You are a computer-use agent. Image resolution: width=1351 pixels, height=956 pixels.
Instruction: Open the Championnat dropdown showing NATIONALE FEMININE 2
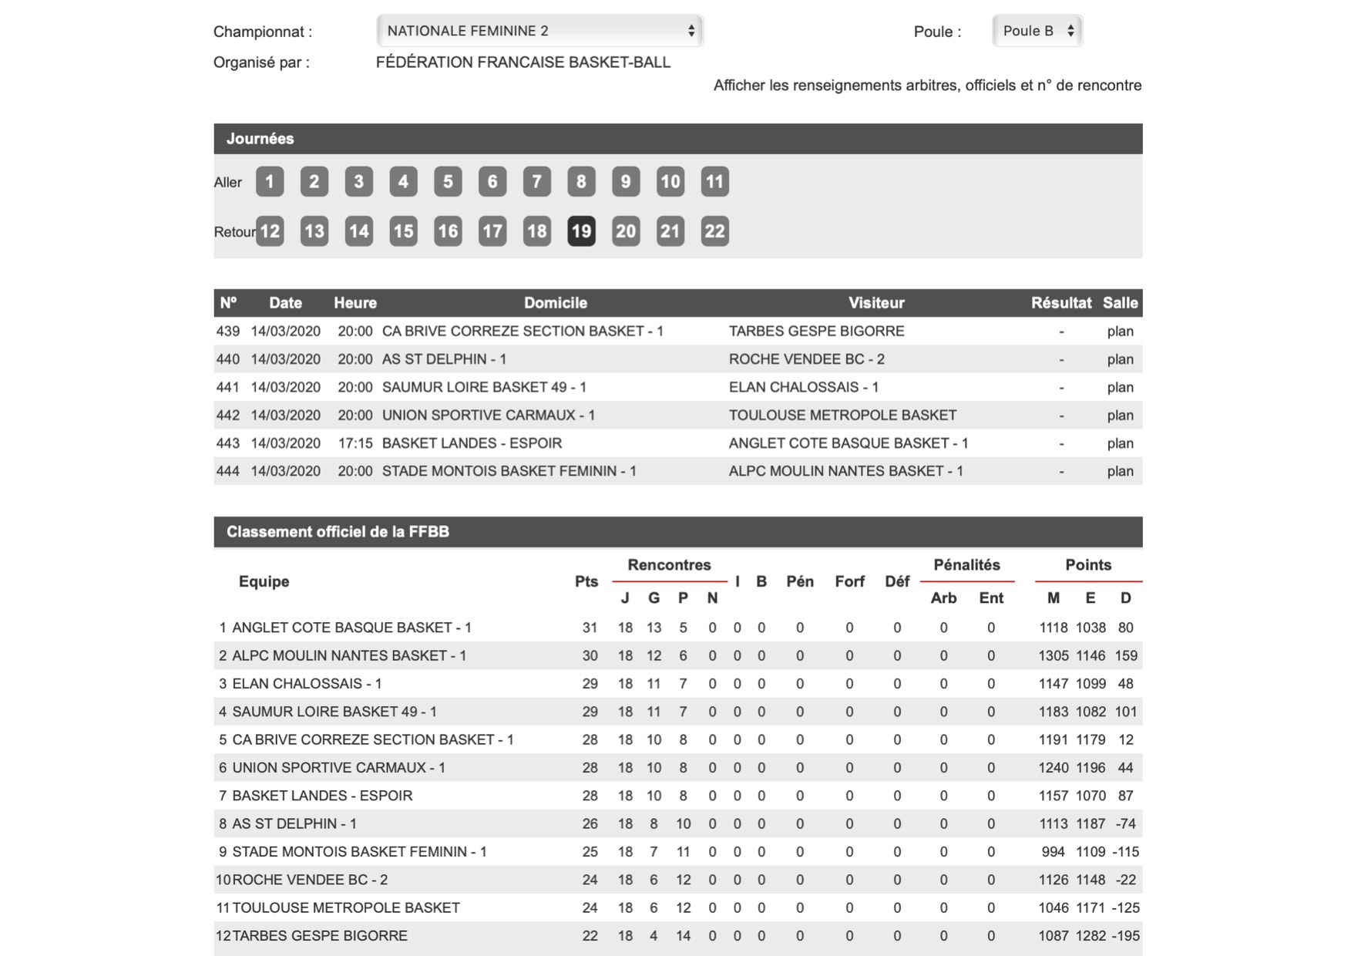(539, 31)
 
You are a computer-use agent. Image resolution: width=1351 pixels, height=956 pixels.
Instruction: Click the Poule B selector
(1037, 31)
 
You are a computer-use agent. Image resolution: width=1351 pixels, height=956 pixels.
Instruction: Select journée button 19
(581, 231)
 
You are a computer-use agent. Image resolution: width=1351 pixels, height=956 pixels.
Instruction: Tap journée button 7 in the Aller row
(536, 182)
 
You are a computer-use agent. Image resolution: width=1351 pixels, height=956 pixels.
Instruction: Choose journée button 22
(714, 231)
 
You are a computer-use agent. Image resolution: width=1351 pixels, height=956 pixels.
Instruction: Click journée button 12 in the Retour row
(270, 231)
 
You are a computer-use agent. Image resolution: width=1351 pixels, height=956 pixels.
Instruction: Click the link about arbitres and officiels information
(927, 86)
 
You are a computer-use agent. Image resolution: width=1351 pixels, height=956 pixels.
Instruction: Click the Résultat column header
(1060, 303)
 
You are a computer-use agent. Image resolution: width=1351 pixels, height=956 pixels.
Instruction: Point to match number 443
(227, 443)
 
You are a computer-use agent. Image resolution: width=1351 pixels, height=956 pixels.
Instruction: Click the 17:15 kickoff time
(355, 443)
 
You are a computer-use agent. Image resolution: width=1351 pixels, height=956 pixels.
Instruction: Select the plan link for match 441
(1120, 387)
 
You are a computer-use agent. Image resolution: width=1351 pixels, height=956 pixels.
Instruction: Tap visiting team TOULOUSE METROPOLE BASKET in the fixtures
(842, 415)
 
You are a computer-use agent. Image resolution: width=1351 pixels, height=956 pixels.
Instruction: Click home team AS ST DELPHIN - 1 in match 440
(444, 359)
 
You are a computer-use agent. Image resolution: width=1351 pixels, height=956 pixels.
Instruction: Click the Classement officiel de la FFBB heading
(338, 532)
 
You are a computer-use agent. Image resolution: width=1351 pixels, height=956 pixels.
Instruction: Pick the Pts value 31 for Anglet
(590, 628)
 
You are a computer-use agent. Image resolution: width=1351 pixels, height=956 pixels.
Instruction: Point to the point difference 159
(1126, 655)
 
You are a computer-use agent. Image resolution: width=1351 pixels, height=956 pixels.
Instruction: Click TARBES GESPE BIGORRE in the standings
(320, 935)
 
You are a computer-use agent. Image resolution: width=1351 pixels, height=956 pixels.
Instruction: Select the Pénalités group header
(966, 565)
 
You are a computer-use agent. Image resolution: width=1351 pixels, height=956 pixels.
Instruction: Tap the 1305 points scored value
(1053, 655)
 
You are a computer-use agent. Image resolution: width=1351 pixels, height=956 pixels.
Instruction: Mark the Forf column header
(849, 581)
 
